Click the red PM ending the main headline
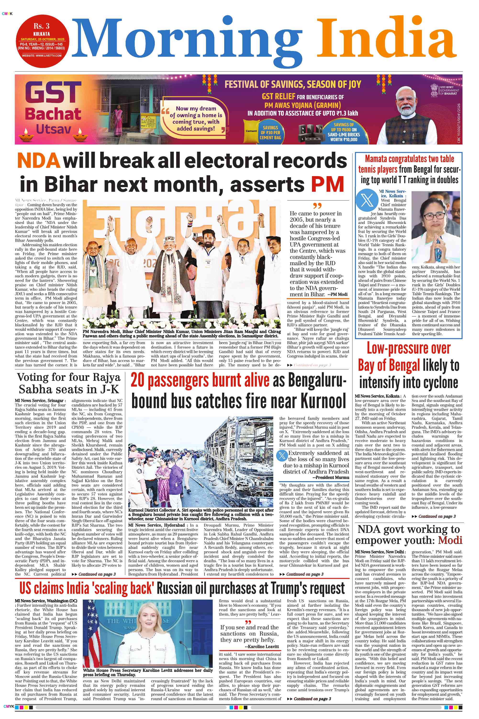[327, 184]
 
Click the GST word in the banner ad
[53, 93]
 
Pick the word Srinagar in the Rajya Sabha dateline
[55, 401]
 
